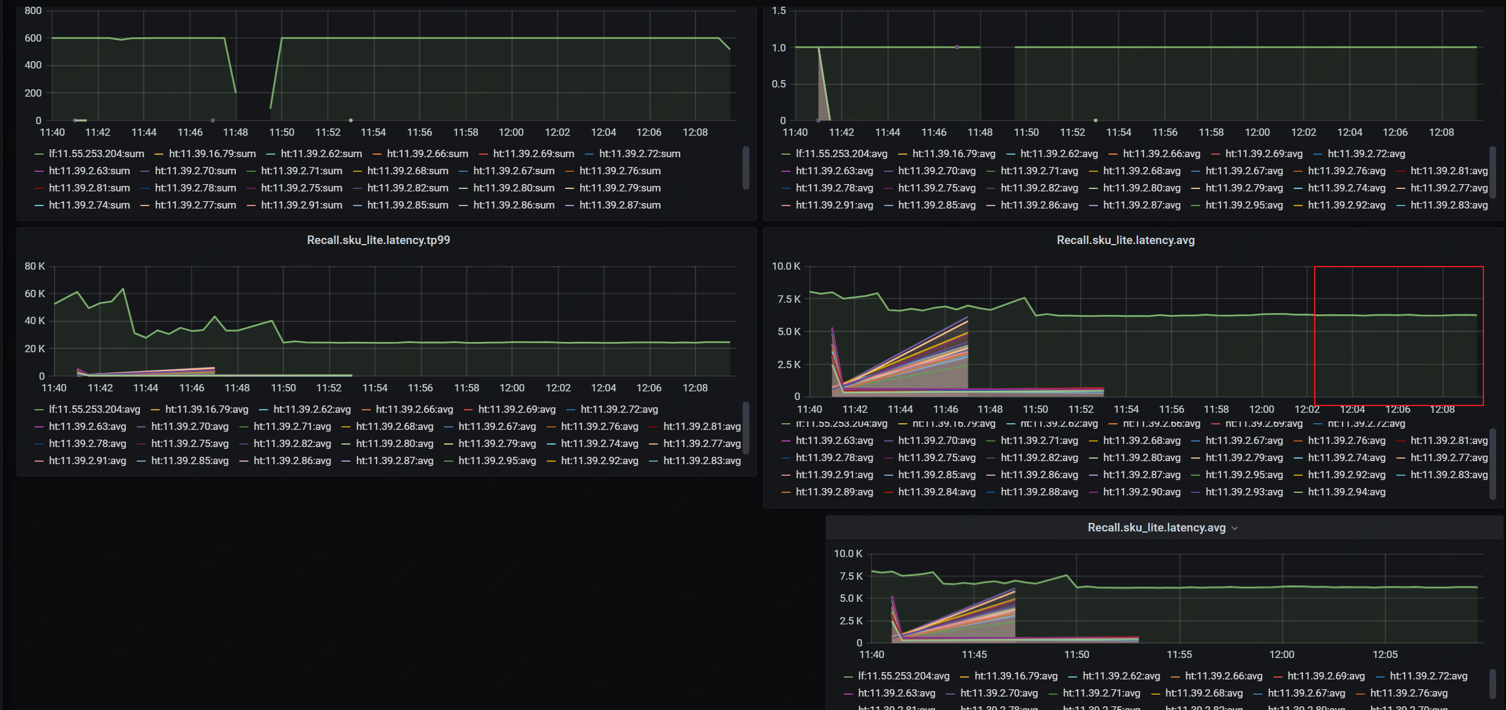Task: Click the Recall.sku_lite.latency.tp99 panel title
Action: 378,240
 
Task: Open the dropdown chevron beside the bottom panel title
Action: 1235,528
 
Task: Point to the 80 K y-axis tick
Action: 35,266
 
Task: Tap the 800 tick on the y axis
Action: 33,10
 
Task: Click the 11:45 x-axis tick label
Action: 974,654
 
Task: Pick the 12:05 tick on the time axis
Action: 1384,654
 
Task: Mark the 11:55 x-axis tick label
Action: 1179,654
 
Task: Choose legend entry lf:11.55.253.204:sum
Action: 96,153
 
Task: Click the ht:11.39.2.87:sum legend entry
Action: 620,205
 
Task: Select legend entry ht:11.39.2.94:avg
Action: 1346,492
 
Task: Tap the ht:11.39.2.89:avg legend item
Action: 834,492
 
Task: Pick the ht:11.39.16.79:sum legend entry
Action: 212,153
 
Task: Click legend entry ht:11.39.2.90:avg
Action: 1142,492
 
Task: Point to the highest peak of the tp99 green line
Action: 123,289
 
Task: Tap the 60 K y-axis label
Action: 35,294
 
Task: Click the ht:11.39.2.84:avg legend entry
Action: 936,492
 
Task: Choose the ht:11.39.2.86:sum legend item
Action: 513,205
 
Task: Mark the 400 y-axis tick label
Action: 33,65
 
